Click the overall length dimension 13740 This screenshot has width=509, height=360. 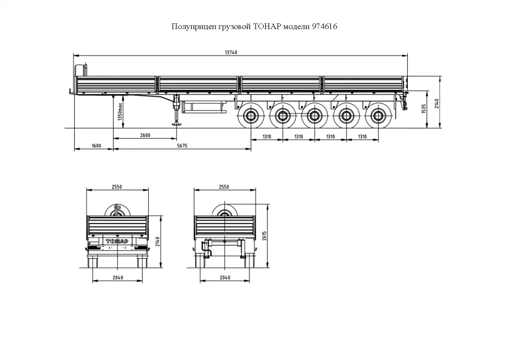(231, 52)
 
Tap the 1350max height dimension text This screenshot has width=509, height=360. (120, 112)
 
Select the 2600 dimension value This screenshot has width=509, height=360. (145, 135)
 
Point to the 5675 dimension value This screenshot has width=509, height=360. (182, 146)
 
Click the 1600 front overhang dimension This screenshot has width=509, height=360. (96, 146)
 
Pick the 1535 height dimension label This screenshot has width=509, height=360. (423, 109)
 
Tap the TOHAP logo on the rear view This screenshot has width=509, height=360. (117, 241)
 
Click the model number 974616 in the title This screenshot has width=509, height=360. (324, 26)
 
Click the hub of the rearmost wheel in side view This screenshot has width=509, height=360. (378, 116)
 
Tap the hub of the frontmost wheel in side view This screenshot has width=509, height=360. (251, 116)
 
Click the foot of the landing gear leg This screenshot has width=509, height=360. (177, 124)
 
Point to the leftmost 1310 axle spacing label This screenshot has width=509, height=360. (266, 137)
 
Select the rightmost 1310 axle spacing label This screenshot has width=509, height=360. (363, 137)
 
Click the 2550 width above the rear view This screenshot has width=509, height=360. (117, 187)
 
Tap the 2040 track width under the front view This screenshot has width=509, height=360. (225, 277)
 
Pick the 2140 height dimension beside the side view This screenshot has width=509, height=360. (437, 104)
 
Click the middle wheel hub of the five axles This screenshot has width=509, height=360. (314, 116)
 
